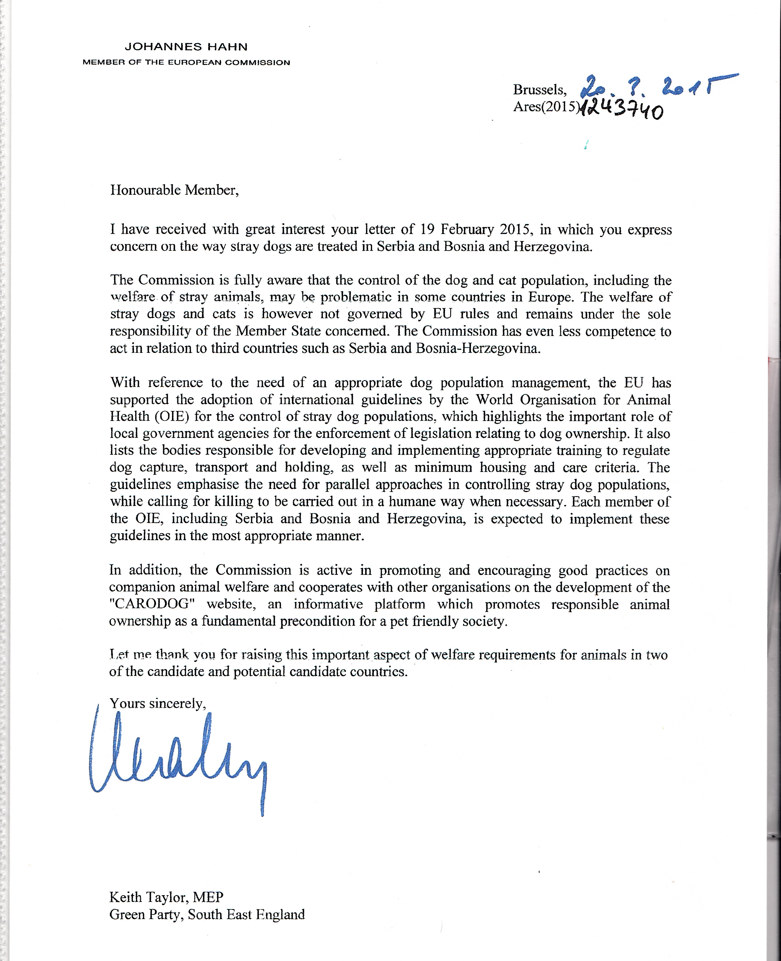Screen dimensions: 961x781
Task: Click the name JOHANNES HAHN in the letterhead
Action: click(x=186, y=47)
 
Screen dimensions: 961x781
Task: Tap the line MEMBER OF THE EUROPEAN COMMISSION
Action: click(x=186, y=62)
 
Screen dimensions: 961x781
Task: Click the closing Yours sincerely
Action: click(x=158, y=703)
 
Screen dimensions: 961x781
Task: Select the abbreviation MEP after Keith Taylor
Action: click(x=208, y=897)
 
